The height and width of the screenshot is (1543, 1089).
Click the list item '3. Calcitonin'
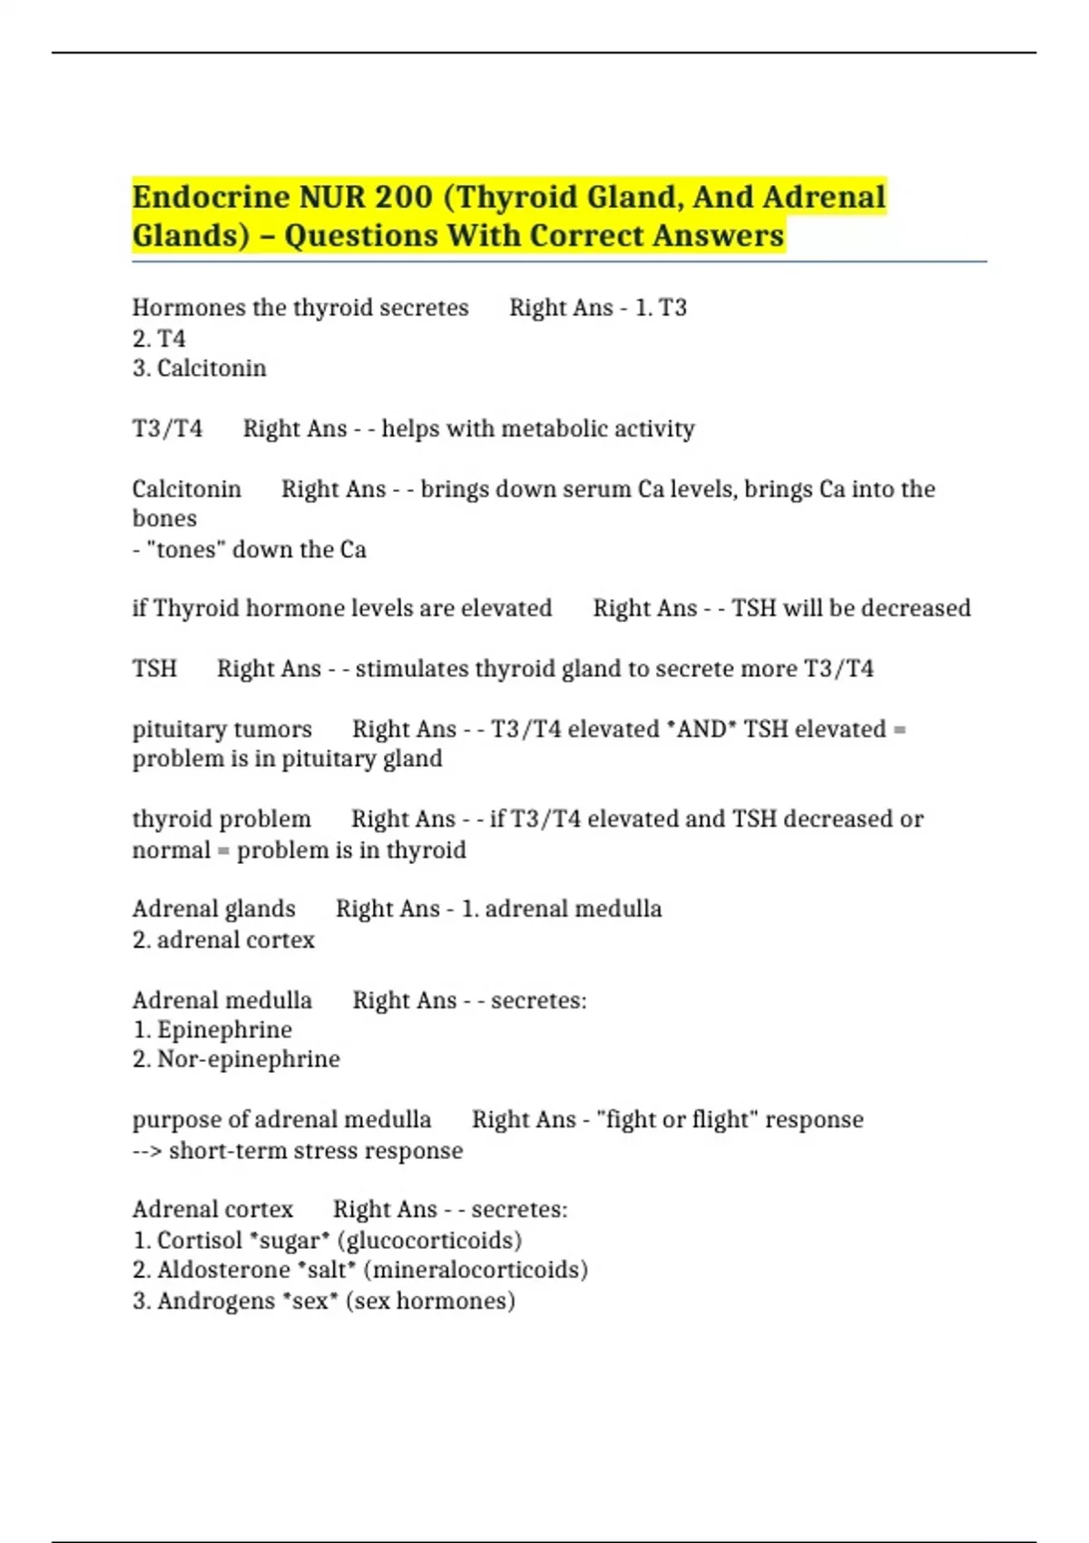tap(200, 369)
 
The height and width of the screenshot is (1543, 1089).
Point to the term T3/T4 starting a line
tap(168, 428)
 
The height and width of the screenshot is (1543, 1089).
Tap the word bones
tap(164, 519)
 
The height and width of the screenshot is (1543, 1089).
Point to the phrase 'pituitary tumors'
tap(222, 729)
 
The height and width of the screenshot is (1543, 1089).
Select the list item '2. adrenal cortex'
tap(223, 940)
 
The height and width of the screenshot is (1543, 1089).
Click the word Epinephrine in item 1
tap(224, 1030)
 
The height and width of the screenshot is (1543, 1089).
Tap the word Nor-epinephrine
tap(249, 1059)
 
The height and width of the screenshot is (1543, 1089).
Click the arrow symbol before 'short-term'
tap(147, 1151)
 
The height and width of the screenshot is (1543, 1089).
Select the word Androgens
tap(216, 1302)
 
